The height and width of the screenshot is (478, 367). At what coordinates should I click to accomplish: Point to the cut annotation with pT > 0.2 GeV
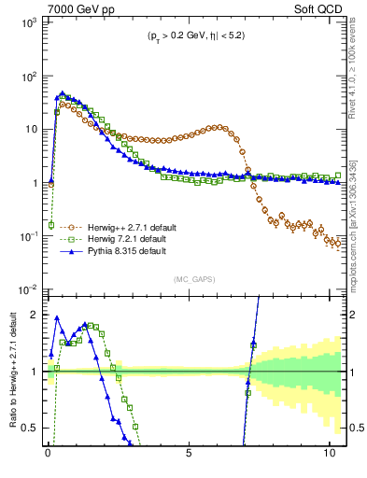click(x=192, y=37)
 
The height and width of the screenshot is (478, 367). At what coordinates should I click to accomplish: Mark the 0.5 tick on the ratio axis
click(x=29, y=428)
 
